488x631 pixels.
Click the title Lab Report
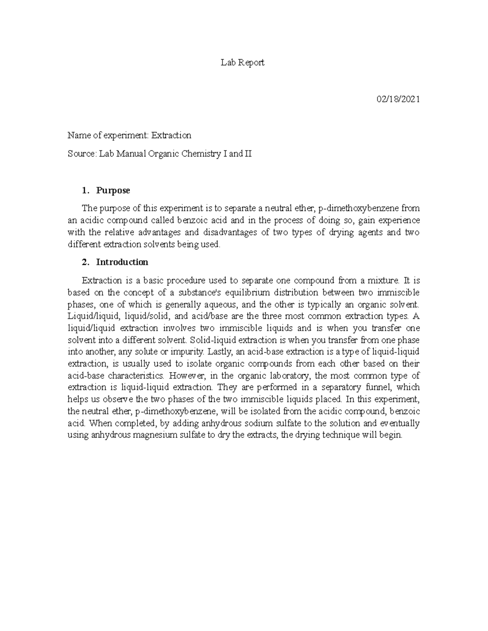click(242, 62)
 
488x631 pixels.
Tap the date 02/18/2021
click(398, 99)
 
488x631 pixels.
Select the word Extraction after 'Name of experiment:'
click(171, 135)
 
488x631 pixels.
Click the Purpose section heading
click(113, 190)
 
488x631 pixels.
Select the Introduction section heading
click(122, 262)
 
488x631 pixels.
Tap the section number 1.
click(85, 190)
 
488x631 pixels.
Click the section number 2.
click(85, 262)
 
